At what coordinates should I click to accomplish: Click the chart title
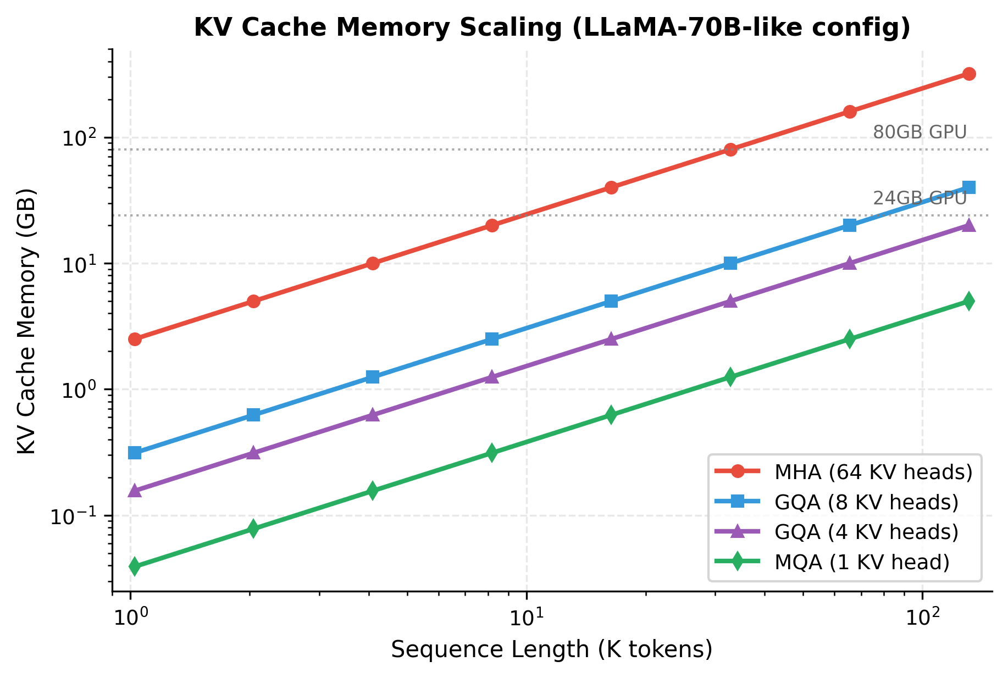point(552,27)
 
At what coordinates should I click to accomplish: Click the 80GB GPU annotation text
point(919,132)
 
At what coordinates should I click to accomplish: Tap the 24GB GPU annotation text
point(919,198)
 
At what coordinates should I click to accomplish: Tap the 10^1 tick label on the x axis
point(527,618)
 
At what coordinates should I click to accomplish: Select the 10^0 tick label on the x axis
point(130,618)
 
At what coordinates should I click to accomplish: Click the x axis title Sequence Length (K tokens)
point(552,649)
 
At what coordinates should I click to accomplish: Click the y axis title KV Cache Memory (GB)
point(26,321)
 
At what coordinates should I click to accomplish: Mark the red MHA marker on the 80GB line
point(730,149)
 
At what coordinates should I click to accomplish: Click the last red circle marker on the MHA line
point(969,74)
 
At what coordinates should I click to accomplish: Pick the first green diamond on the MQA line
point(135,566)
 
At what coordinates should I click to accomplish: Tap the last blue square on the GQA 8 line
point(969,187)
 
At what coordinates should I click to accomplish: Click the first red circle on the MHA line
point(135,339)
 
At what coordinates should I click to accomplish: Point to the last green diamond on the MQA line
point(969,301)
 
